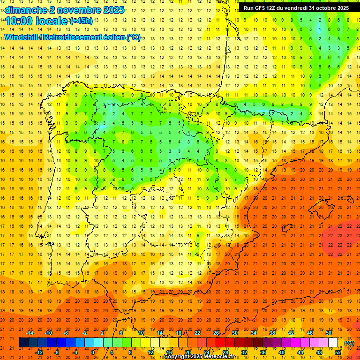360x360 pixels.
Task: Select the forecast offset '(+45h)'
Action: (81, 21)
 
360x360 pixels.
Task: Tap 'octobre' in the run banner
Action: (321, 8)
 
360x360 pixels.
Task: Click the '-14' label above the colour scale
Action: (30, 333)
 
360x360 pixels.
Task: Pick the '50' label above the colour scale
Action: (329, 333)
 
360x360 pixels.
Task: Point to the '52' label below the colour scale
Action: (338, 352)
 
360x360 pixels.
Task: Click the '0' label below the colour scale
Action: (93, 352)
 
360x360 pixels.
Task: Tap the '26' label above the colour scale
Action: (216, 333)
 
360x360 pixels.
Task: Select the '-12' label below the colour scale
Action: (39, 352)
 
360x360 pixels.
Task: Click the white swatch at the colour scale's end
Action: (333, 343)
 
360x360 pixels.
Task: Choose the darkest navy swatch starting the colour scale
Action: (23, 343)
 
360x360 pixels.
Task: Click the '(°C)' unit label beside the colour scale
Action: (349, 343)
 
